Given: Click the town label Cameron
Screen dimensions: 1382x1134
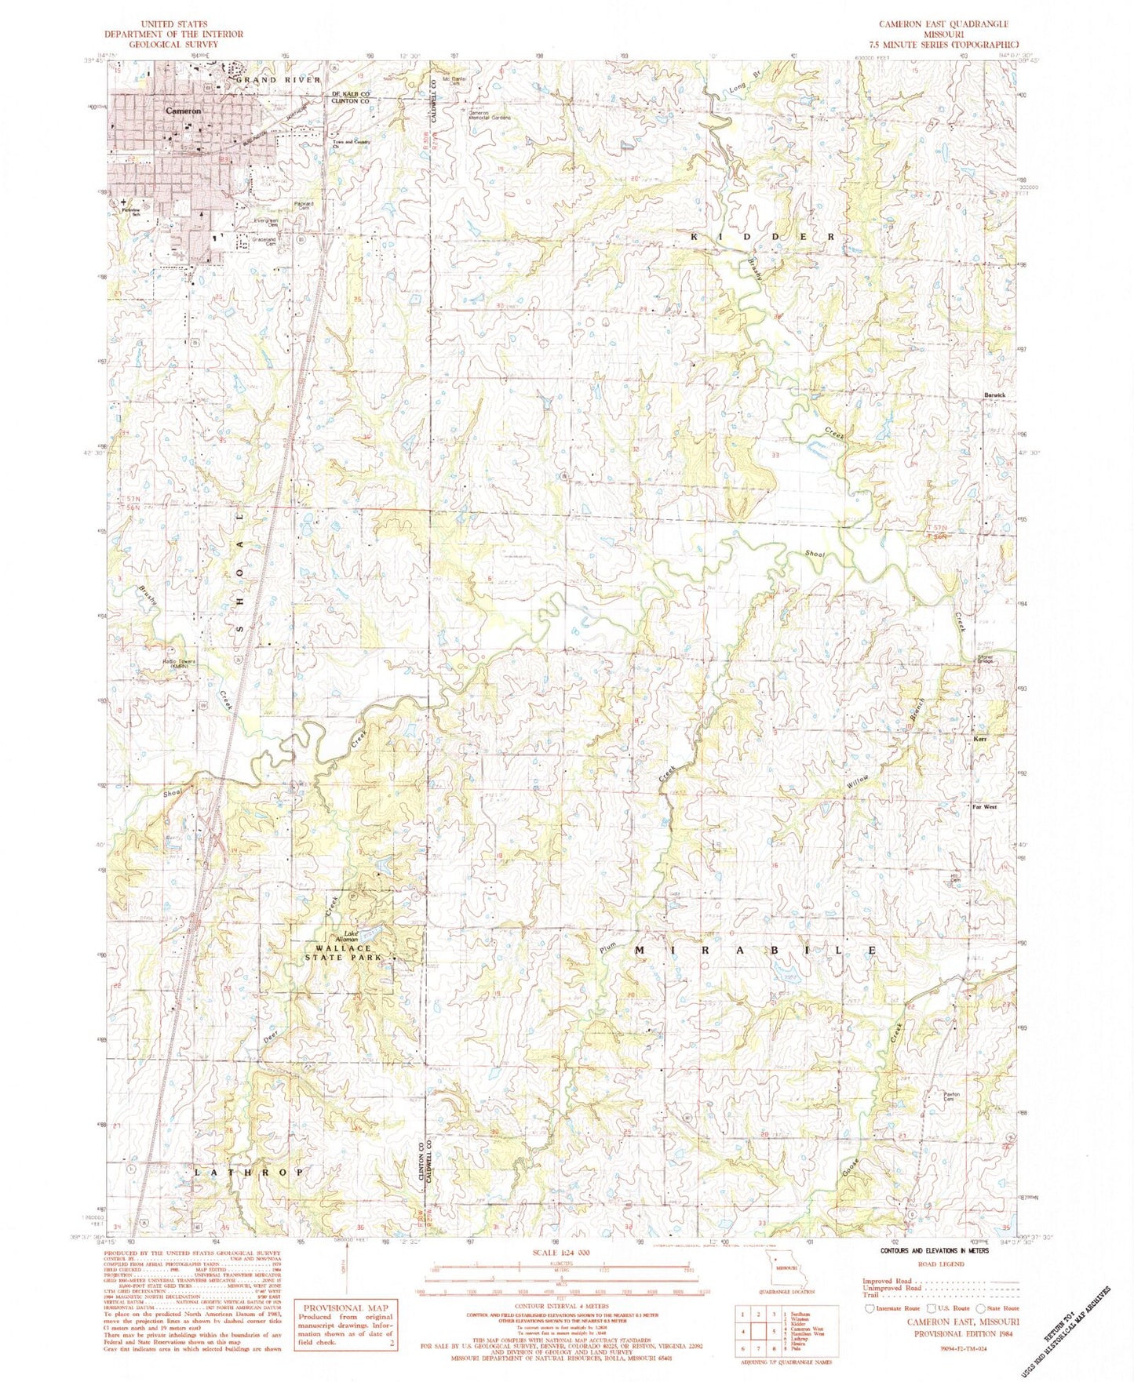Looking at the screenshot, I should (183, 112).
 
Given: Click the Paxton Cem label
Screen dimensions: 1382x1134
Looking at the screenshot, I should (952, 1098).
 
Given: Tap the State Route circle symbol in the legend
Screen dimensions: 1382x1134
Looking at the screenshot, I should (982, 1308).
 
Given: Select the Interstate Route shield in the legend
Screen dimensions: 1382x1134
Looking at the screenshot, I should (869, 1308).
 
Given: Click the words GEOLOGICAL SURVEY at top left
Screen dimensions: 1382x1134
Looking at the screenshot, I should (173, 45).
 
